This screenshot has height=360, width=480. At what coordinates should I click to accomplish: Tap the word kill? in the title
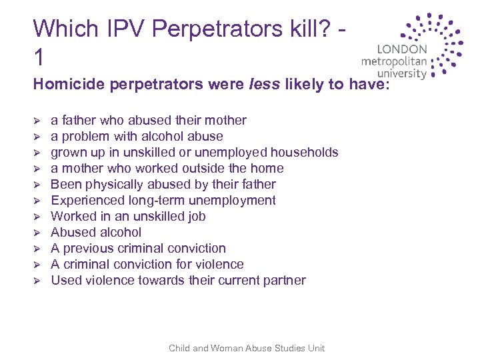(305, 29)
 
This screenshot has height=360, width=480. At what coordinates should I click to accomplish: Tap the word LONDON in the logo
(402, 49)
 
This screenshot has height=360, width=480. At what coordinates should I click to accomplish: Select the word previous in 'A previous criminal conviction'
(89, 248)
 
